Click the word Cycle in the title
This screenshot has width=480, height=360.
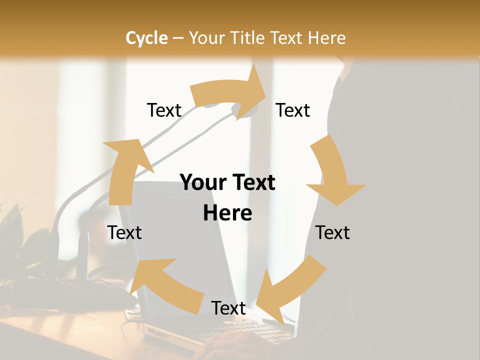point(146,38)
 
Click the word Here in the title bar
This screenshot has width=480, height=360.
point(327,38)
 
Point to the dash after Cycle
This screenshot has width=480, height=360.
point(178,38)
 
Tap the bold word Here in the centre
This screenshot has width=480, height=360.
point(227,213)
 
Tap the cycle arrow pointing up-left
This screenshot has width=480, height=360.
point(162,285)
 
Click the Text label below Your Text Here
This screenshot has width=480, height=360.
point(228,308)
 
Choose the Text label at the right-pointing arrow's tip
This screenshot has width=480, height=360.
point(293,110)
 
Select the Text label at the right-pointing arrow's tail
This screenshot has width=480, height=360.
point(164,110)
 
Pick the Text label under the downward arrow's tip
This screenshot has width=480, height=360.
point(332,232)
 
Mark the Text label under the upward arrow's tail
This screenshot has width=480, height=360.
point(124,232)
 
